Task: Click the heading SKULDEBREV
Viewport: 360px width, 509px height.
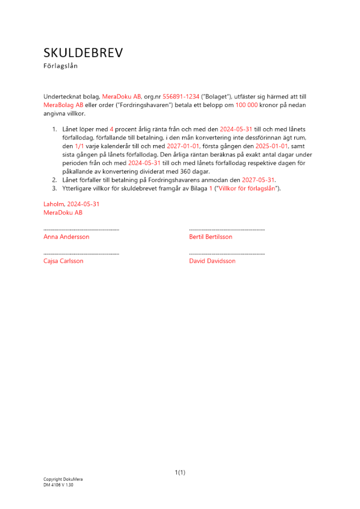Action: (83, 53)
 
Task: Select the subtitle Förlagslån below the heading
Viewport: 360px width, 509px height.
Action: (61, 66)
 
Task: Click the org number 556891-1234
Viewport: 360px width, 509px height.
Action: (181, 97)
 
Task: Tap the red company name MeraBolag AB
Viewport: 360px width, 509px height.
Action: (63, 105)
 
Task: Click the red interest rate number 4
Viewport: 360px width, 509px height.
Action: (112, 130)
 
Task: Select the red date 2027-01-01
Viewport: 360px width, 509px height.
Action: (183, 146)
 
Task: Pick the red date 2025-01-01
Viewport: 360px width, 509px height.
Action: (272, 146)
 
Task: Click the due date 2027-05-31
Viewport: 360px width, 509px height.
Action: (258, 180)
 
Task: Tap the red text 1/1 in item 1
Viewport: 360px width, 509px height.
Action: (79, 146)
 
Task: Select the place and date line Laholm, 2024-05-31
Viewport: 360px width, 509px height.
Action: (71, 204)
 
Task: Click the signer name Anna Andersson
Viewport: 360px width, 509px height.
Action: (67, 237)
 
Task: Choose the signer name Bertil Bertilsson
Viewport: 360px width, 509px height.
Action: (211, 237)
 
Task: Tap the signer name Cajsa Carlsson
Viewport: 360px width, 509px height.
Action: (64, 261)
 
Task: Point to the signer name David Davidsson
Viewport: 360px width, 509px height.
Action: (212, 261)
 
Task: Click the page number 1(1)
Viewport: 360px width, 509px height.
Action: (180, 473)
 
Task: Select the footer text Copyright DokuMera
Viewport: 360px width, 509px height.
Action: (63, 479)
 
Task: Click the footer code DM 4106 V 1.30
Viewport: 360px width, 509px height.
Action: (59, 485)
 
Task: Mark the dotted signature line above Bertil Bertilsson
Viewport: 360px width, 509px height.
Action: (227, 230)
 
